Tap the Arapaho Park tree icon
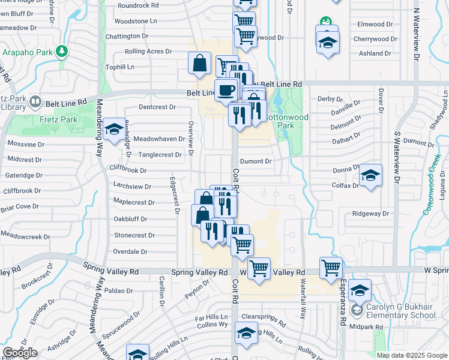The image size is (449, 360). click(x=61, y=52)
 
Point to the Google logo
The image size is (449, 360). click(x=19, y=352)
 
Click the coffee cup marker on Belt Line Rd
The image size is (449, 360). click(x=226, y=90)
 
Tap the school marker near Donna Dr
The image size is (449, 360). click(x=371, y=175)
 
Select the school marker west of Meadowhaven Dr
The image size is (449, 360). click(x=113, y=129)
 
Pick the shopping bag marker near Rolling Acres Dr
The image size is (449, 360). click(x=199, y=63)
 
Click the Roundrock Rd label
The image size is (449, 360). click(x=138, y=5)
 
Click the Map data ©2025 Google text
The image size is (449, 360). click(x=412, y=355)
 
